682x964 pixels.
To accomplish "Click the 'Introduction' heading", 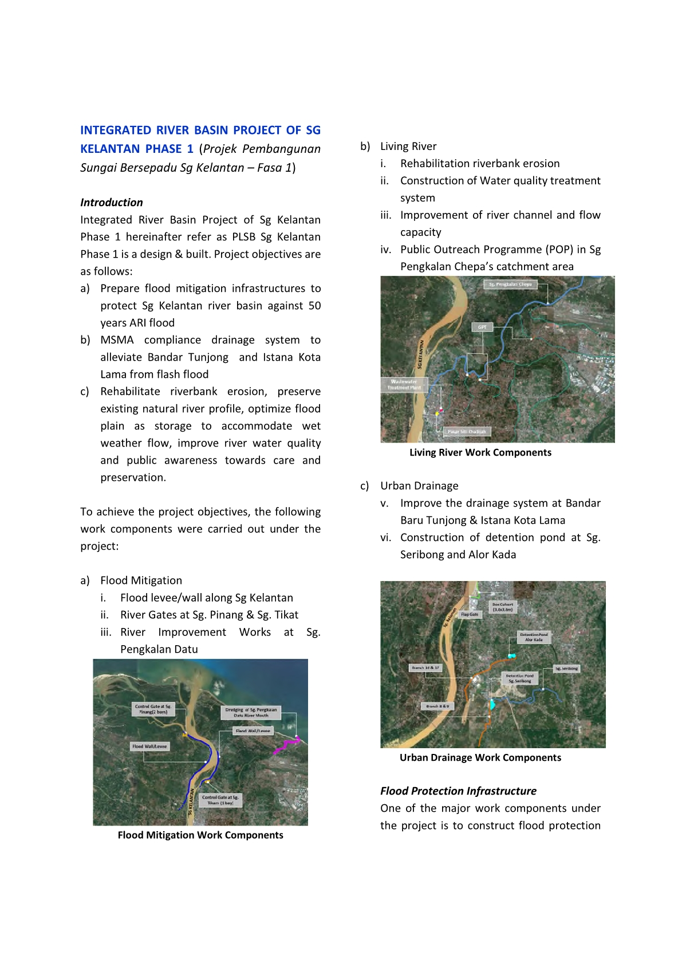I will (x=112, y=202).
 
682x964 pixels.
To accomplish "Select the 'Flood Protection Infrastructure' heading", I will (x=458, y=791).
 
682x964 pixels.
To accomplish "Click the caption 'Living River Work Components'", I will (x=480, y=452).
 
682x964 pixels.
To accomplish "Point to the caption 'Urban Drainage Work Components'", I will (x=480, y=757).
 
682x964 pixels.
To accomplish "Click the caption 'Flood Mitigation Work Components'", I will (x=200, y=835).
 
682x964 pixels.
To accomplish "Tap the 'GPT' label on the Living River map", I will (x=482, y=327).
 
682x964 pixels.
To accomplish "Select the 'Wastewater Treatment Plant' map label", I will (x=404, y=384).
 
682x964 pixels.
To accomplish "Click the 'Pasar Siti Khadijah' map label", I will (x=467, y=432).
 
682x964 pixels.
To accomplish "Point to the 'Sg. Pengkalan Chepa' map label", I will (x=510, y=284).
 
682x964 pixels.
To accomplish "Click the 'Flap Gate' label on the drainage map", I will (x=470, y=614).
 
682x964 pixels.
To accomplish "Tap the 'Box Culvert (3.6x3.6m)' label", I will (x=503, y=607).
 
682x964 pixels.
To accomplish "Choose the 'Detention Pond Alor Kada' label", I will (x=534, y=637).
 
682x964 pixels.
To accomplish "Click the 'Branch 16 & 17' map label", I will (x=425, y=667).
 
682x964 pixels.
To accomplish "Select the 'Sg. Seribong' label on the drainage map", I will (x=566, y=668).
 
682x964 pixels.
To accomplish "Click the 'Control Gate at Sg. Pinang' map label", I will (x=153, y=709).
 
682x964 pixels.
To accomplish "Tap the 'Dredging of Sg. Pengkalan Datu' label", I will (x=251, y=712).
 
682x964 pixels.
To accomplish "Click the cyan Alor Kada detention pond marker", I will (x=511, y=655).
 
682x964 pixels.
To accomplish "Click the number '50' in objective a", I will (x=314, y=306).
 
